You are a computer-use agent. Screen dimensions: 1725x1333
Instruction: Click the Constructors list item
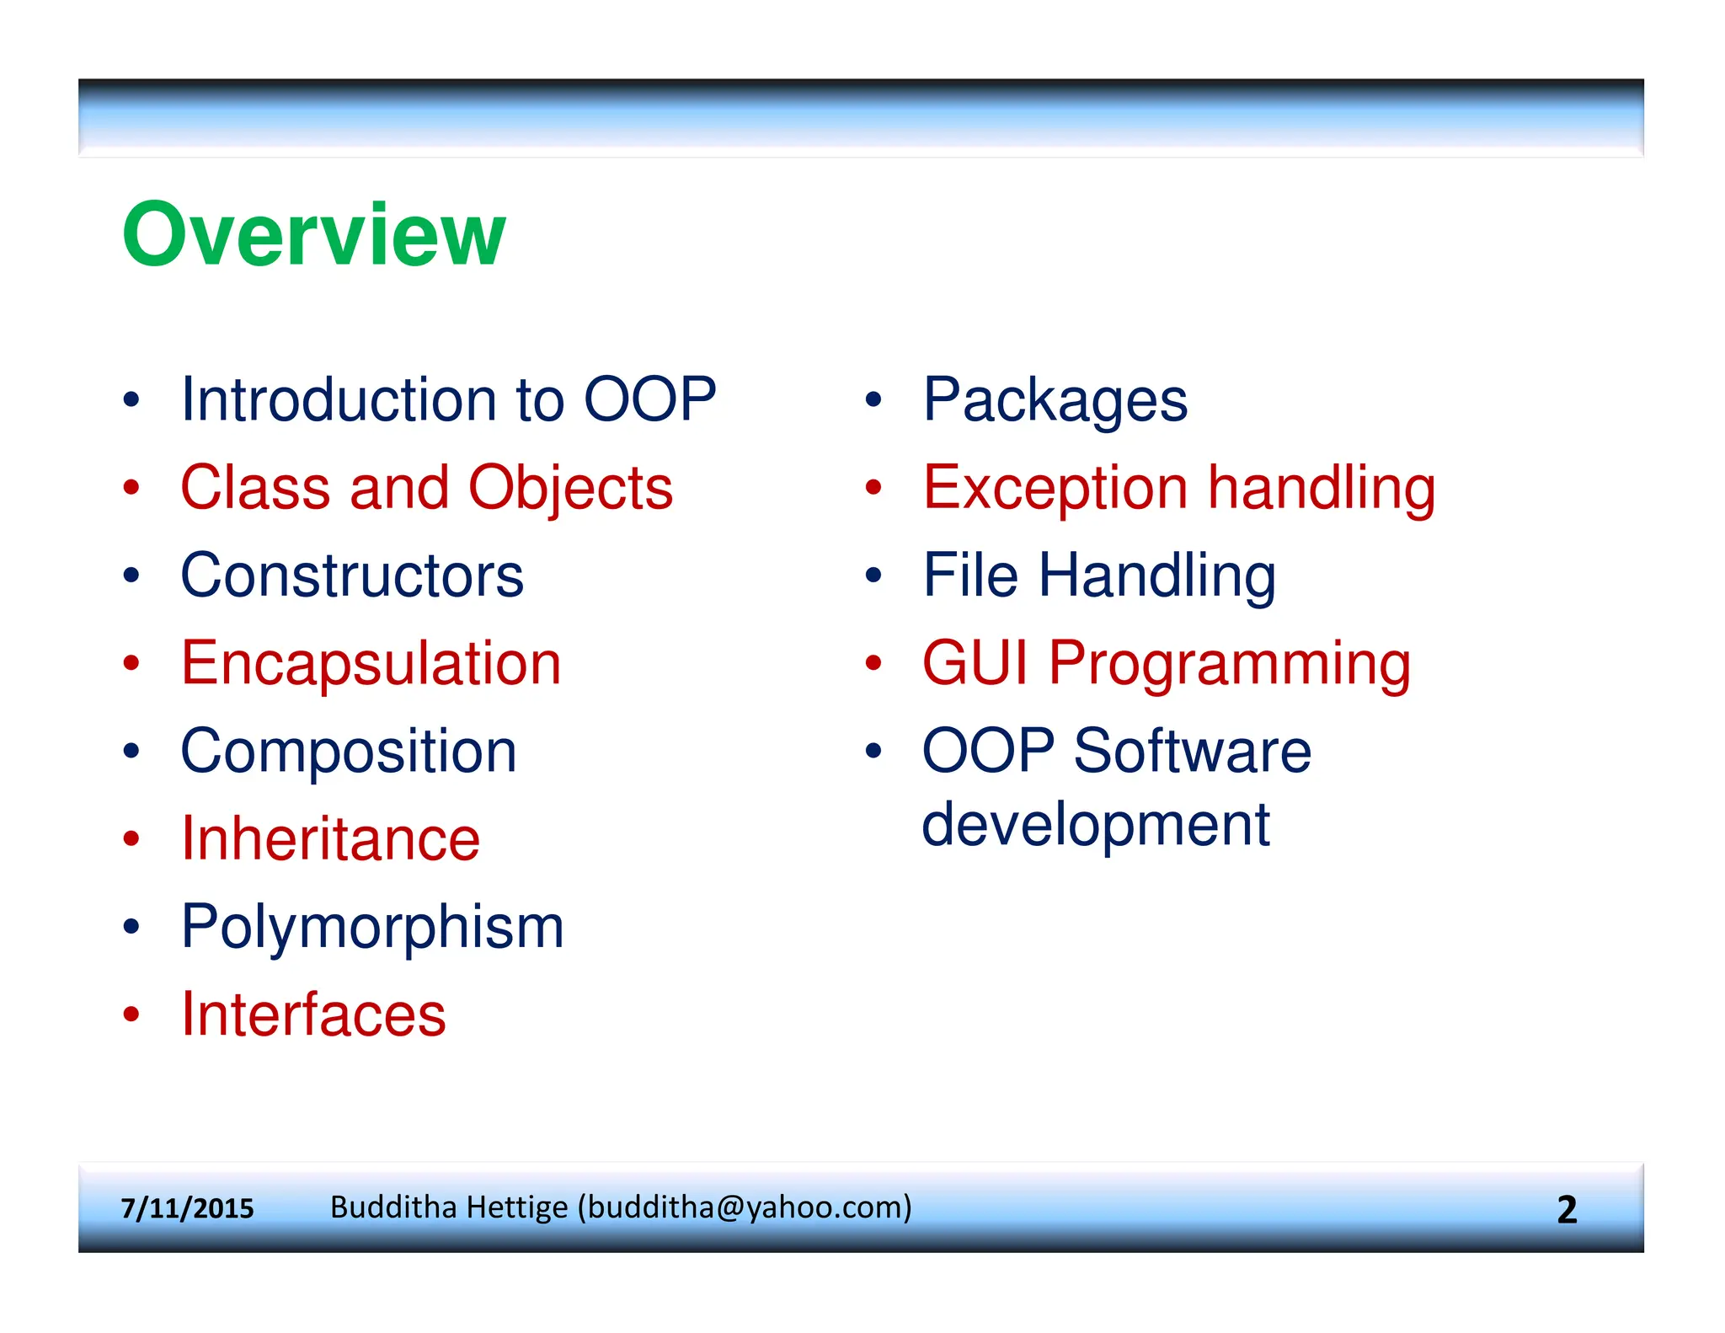tap(352, 575)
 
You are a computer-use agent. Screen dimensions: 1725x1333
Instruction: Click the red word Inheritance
tap(330, 839)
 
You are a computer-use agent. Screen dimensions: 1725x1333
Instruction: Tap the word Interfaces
tap(313, 1014)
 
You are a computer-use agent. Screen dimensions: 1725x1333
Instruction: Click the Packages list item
tap(1055, 402)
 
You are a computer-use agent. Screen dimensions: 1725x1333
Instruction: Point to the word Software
tap(1192, 751)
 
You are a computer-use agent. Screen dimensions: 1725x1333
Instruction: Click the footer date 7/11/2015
tap(187, 1209)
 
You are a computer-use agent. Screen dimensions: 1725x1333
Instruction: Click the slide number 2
tap(1567, 1210)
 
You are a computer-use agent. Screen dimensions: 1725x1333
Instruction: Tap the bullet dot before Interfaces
tap(131, 1014)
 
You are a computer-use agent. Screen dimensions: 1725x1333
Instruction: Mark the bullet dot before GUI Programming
tap(873, 664)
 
